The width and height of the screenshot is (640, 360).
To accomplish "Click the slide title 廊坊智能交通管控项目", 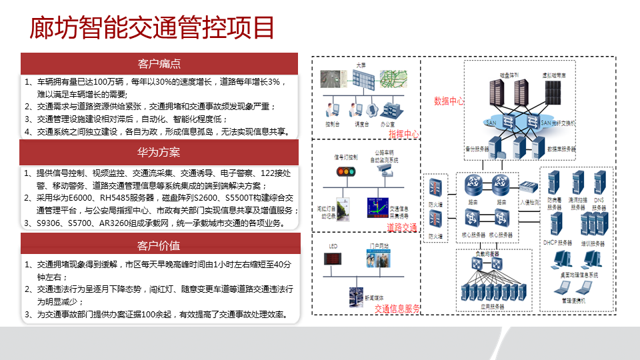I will (153, 28).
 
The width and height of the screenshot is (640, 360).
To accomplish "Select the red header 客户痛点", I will (159, 64).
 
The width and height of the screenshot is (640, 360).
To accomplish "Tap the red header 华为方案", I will (159, 152).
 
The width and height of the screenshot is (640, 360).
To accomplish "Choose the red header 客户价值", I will (159, 245).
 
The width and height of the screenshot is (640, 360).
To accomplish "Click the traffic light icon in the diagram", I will (345, 171).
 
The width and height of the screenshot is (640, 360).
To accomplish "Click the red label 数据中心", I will (449, 101).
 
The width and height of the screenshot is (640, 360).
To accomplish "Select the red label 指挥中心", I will (403, 134).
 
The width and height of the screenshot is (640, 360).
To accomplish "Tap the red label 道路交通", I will (403, 227).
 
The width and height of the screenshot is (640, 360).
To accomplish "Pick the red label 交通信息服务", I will (397, 309).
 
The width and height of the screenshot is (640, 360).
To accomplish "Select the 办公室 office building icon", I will (388, 109).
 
